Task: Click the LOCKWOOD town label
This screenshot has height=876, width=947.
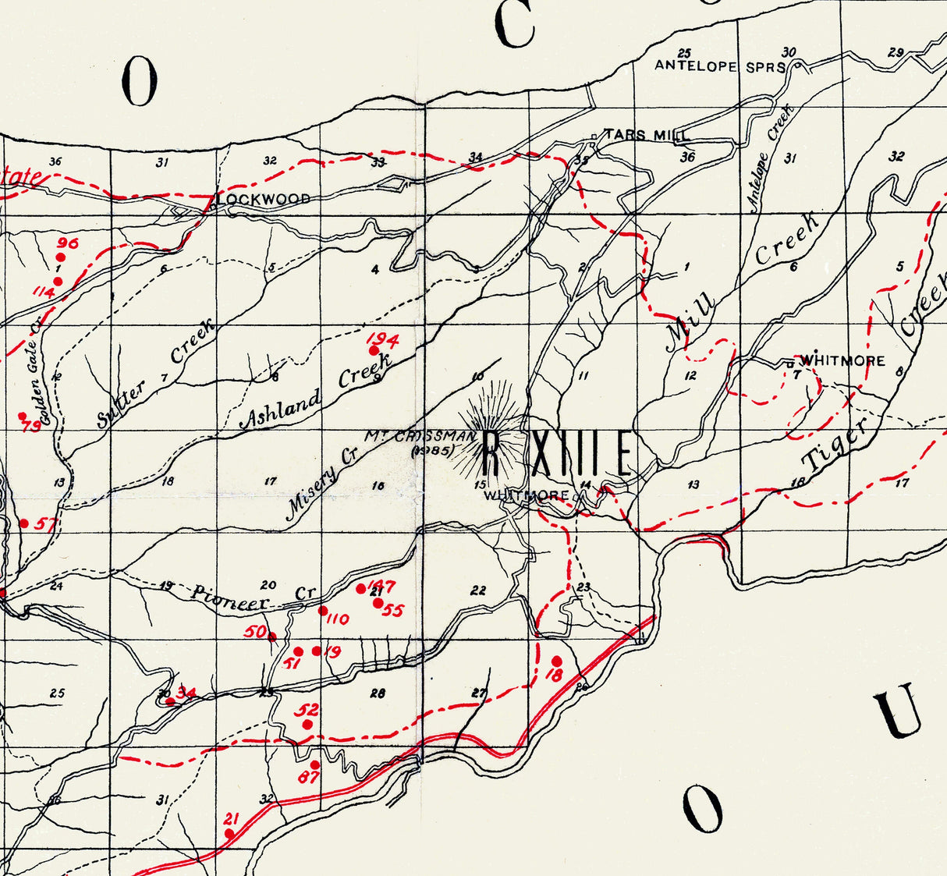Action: coord(264,199)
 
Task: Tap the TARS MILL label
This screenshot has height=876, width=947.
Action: coord(647,136)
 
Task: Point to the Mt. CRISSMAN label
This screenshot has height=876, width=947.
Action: coord(422,436)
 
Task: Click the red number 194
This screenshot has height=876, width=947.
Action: coord(383,340)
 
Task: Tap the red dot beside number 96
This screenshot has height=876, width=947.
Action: coord(61,257)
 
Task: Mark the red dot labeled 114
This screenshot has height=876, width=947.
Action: coord(58,281)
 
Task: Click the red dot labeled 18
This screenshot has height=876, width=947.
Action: coord(556,661)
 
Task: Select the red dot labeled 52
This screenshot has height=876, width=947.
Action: coord(307,725)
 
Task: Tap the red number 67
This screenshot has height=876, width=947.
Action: coord(308,778)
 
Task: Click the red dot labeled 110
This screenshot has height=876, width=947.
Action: coord(323,611)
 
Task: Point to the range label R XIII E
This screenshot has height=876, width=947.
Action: coord(557,454)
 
